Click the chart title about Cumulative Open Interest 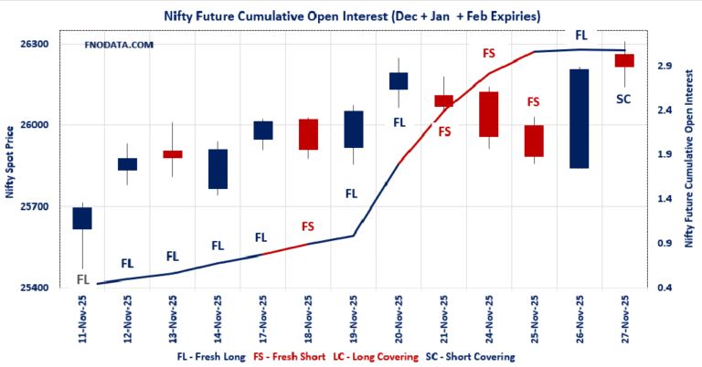click(x=351, y=16)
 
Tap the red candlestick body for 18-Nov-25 click(x=308, y=134)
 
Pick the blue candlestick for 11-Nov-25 click(x=82, y=217)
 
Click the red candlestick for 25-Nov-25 click(x=534, y=141)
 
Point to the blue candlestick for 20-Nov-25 click(x=399, y=80)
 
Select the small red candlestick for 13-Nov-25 click(x=173, y=154)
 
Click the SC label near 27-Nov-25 click(x=623, y=99)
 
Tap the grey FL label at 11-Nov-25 click(x=83, y=278)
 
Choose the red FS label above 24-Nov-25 click(x=489, y=54)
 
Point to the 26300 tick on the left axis click(x=43, y=44)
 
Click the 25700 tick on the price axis click(x=43, y=206)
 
